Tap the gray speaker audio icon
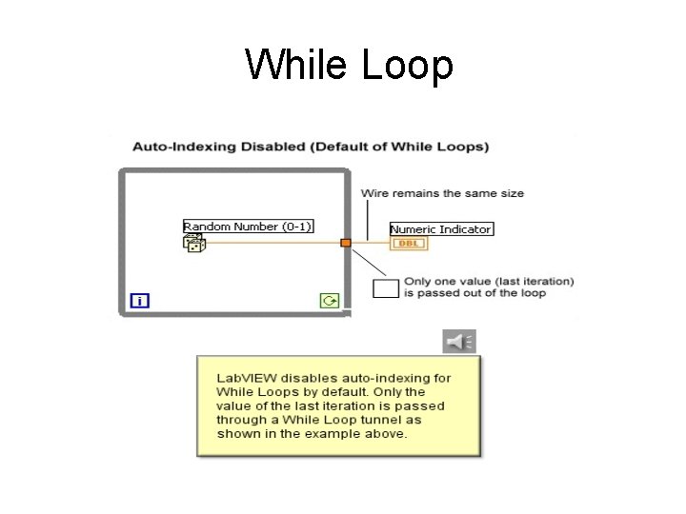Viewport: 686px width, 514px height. (x=459, y=341)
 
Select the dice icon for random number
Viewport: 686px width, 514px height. (x=194, y=244)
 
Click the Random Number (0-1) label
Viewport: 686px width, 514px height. (x=248, y=227)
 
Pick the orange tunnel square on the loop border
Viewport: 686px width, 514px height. (x=346, y=243)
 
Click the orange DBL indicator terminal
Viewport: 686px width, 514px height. (x=410, y=244)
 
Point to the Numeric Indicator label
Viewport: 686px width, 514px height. (x=441, y=229)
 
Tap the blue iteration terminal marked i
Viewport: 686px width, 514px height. (x=140, y=301)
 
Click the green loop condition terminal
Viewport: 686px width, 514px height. (x=330, y=301)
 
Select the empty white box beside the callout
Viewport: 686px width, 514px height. (x=385, y=287)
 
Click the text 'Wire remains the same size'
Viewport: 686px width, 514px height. (x=442, y=193)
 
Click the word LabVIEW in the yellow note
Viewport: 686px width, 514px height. (x=244, y=378)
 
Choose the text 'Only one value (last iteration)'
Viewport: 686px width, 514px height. (x=489, y=281)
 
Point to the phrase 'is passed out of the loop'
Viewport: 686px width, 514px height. (x=474, y=293)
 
